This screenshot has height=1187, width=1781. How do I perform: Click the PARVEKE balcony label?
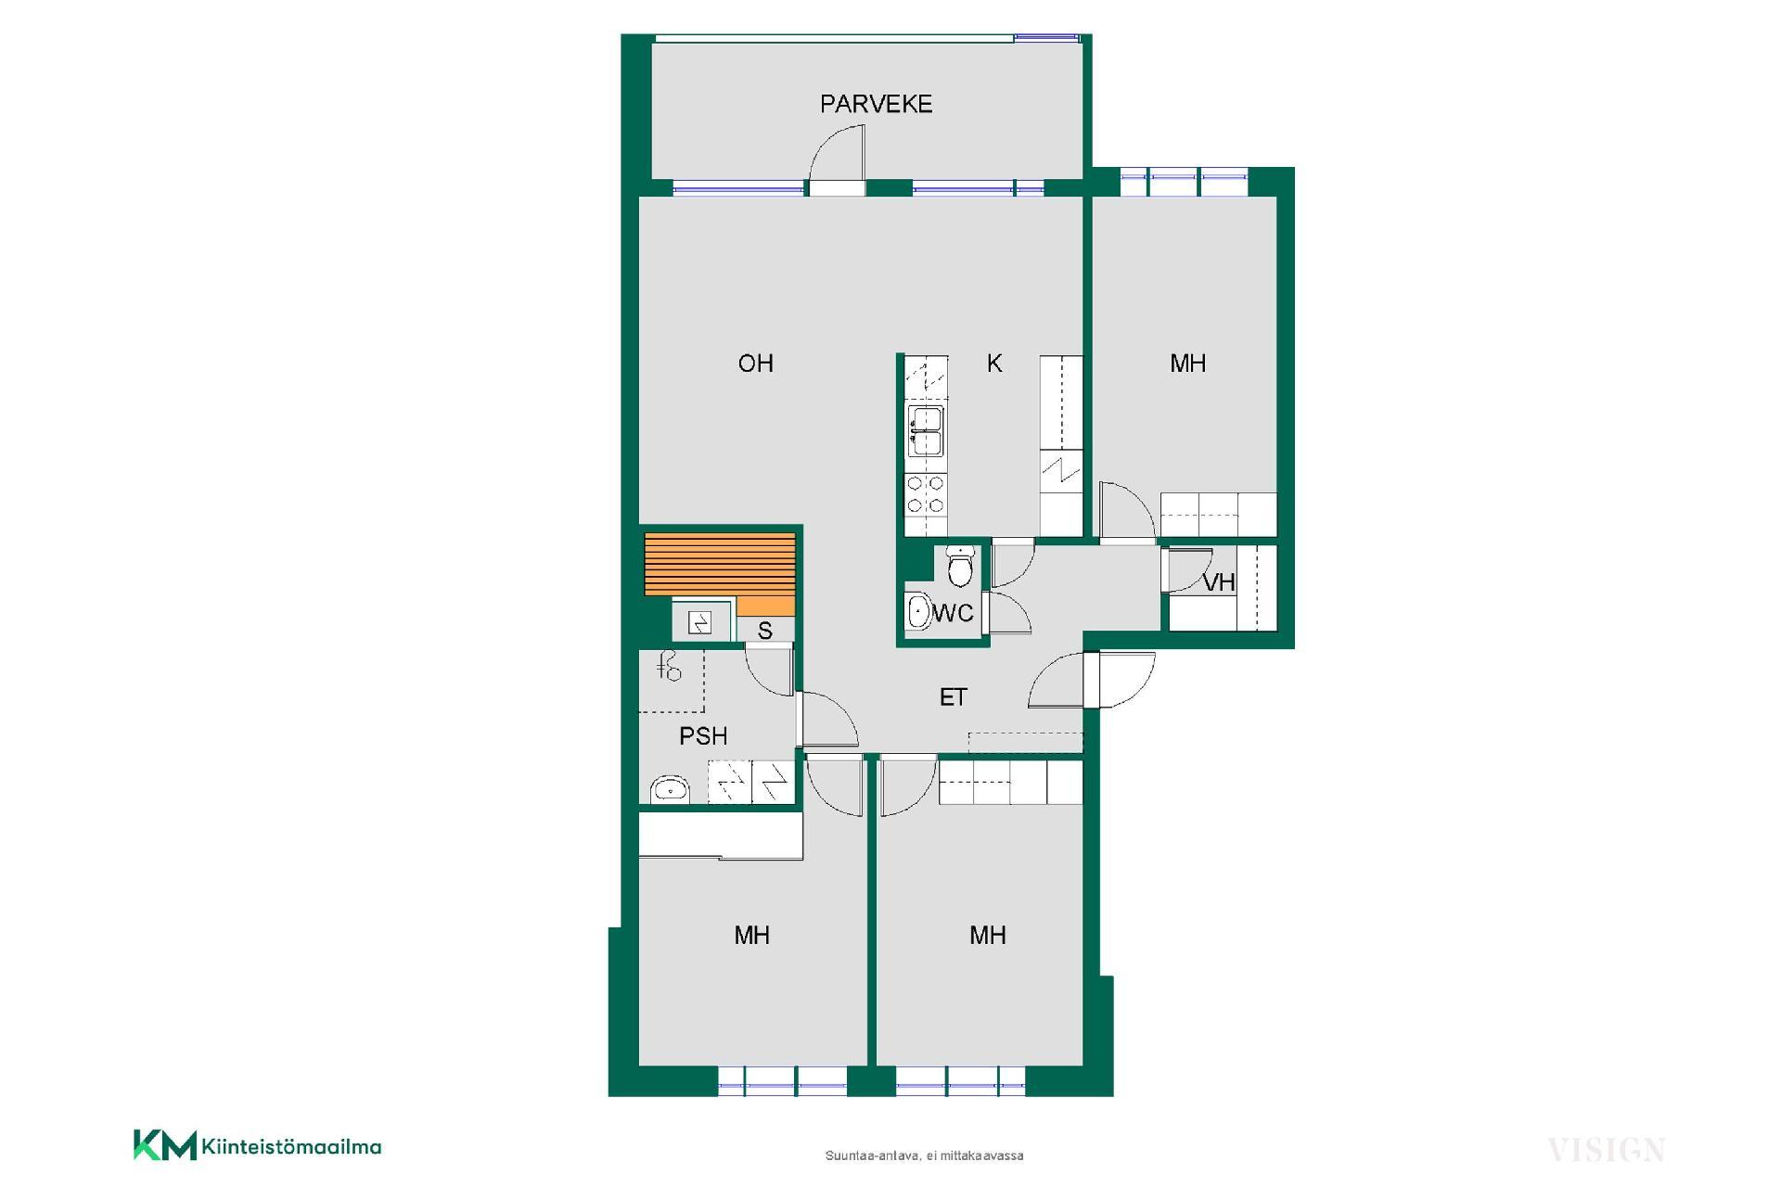[x=876, y=104]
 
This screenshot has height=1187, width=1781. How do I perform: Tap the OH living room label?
[x=755, y=364]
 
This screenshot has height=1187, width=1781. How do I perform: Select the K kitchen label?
[x=994, y=364]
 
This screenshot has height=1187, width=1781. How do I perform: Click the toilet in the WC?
[x=960, y=566]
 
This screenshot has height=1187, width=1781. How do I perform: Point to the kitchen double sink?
[x=925, y=432]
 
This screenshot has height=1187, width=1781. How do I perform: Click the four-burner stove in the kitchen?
[x=925, y=493]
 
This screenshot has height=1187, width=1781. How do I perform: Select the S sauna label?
[x=765, y=632]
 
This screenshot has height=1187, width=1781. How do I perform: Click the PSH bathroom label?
[x=703, y=736]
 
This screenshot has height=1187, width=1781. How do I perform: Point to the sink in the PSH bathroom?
[x=670, y=789]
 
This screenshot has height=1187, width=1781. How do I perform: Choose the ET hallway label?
[x=954, y=697]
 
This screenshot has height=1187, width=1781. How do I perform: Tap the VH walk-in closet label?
[x=1219, y=582]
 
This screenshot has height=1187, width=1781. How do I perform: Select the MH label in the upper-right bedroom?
[x=1188, y=364]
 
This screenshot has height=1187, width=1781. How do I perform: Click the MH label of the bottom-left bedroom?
[x=751, y=936]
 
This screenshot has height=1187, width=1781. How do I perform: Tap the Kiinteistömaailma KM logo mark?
[x=165, y=1144]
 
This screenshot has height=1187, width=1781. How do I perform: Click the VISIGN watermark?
[x=1606, y=1151]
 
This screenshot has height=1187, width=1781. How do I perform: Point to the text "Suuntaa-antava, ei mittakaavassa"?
[x=924, y=1155]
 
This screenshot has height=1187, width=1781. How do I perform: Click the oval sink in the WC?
[x=918, y=612]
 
